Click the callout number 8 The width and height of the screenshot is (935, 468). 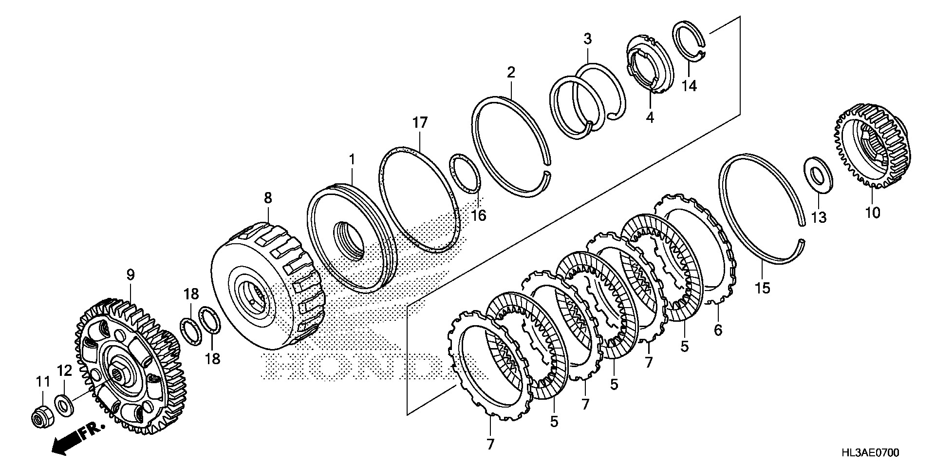(x=268, y=198)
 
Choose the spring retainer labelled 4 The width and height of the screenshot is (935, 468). (x=648, y=63)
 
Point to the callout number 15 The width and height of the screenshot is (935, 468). (x=763, y=288)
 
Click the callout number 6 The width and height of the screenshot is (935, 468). (x=718, y=330)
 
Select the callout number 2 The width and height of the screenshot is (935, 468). (x=510, y=73)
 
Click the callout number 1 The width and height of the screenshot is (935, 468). (x=352, y=159)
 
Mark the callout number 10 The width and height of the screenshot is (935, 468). (x=873, y=213)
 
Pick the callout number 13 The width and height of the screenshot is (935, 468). (x=819, y=217)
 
